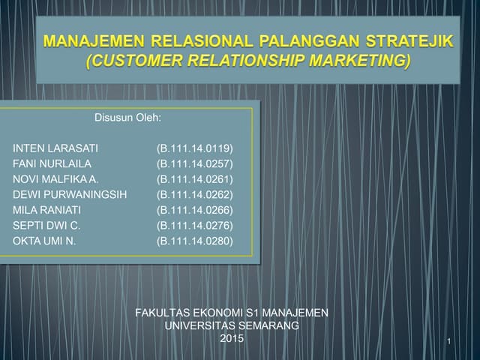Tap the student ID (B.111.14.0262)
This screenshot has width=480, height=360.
(195, 193)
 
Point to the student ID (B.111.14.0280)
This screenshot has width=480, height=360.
(195, 241)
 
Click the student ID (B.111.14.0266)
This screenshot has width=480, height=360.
(195, 209)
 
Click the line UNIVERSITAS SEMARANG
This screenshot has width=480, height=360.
(232, 325)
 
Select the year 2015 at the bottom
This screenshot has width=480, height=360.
(232, 339)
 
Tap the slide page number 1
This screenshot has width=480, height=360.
(448, 343)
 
